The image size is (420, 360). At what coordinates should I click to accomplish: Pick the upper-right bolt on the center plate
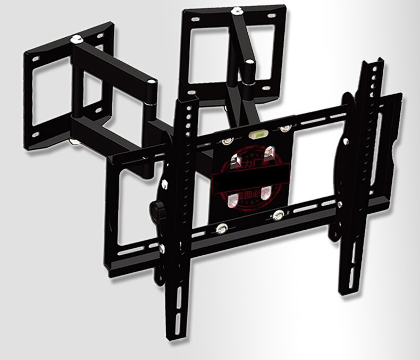pyautogui.click(x=286, y=129)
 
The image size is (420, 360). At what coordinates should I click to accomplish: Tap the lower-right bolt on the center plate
pyautogui.click(x=278, y=215)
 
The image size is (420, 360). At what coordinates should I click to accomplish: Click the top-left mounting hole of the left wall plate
pyautogui.click(x=35, y=54)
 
